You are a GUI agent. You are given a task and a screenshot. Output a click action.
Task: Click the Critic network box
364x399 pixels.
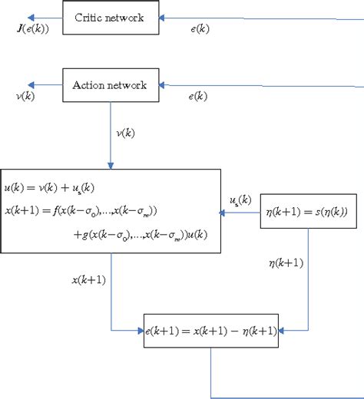click(x=111, y=17)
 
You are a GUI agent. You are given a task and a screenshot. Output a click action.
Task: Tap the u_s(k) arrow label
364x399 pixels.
click(x=240, y=200)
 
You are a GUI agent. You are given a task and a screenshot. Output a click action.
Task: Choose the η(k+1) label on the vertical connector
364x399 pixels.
click(x=285, y=263)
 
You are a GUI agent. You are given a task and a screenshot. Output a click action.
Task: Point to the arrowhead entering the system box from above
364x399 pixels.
click(x=111, y=165)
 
